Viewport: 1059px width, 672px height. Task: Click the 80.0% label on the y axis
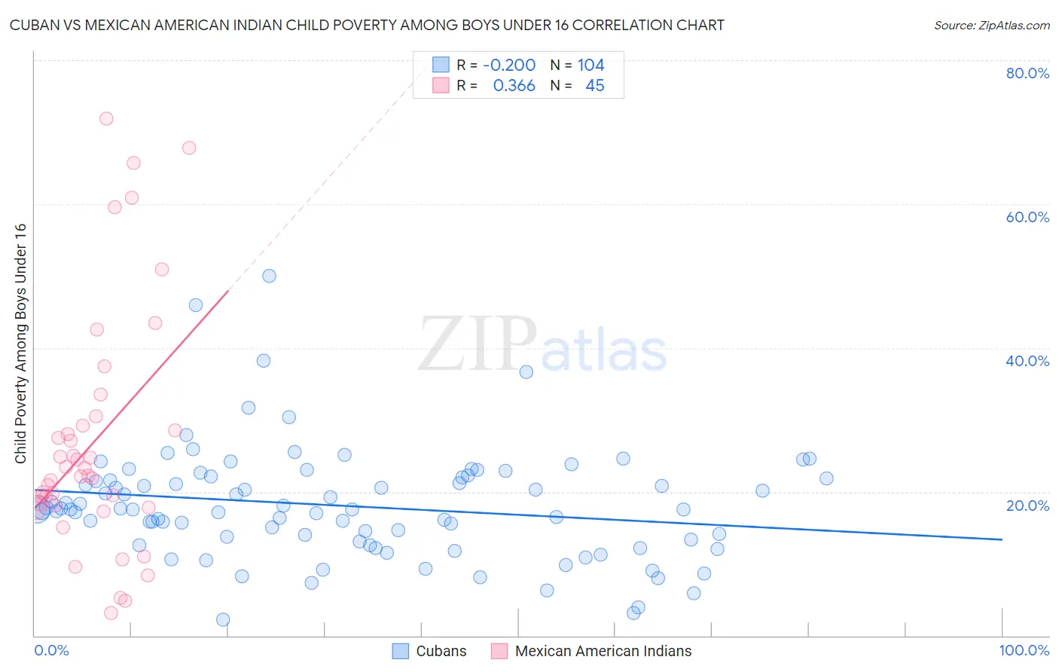click(1027, 73)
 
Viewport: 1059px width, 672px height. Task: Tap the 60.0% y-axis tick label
click(1027, 217)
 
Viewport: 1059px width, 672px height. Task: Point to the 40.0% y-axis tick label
click(1027, 361)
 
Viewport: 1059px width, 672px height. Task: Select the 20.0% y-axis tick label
click(1027, 505)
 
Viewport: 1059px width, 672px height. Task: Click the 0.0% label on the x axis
click(51, 650)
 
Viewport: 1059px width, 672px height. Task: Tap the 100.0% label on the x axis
click(1024, 650)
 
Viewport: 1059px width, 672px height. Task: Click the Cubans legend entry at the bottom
click(441, 651)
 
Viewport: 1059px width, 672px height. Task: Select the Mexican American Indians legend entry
click(603, 651)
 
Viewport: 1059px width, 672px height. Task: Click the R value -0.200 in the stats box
click(509, 66)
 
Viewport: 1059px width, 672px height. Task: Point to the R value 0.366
click(514, 86)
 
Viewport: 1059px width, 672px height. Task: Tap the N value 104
click(591, 66)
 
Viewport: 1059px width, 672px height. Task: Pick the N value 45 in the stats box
click(594, 86)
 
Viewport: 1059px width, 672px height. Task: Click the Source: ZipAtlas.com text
click(991, 26)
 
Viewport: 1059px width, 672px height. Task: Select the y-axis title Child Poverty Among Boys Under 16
click(20, 344)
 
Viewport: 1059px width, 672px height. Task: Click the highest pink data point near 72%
click(106, 118)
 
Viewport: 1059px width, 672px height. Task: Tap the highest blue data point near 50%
click(269, 276)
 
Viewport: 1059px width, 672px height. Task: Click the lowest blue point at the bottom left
click(223, 619)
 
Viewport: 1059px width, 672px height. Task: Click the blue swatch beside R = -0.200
click(441, 65)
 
